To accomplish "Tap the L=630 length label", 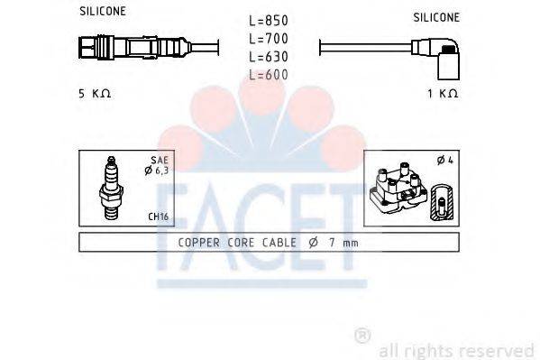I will [269, 58].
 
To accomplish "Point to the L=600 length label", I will [269, 75].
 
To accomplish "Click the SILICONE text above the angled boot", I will [436, 17].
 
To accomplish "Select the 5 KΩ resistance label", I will [95, 94].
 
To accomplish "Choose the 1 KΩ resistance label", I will [444, 94].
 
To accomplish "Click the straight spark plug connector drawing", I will [135, 46].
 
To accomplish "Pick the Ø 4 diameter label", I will [444, 161].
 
